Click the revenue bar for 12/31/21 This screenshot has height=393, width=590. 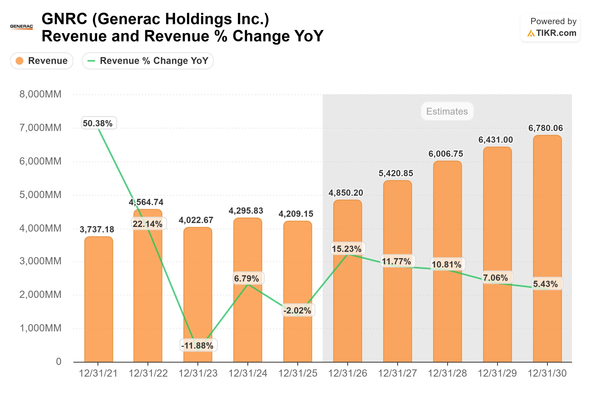point(99,301)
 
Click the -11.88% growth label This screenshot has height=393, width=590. point(198,346)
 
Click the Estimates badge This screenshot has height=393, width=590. point(447,111)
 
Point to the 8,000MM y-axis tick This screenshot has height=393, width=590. point(40,94)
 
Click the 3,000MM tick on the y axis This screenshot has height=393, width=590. point(40,261)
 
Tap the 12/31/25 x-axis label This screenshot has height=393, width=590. point(298,373)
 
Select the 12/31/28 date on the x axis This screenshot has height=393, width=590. point(447,373)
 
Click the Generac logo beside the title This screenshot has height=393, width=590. point(22,27)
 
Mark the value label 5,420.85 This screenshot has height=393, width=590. point(396,173)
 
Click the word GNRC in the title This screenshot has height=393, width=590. point(64,19)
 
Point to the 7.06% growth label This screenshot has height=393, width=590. point(496,278)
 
